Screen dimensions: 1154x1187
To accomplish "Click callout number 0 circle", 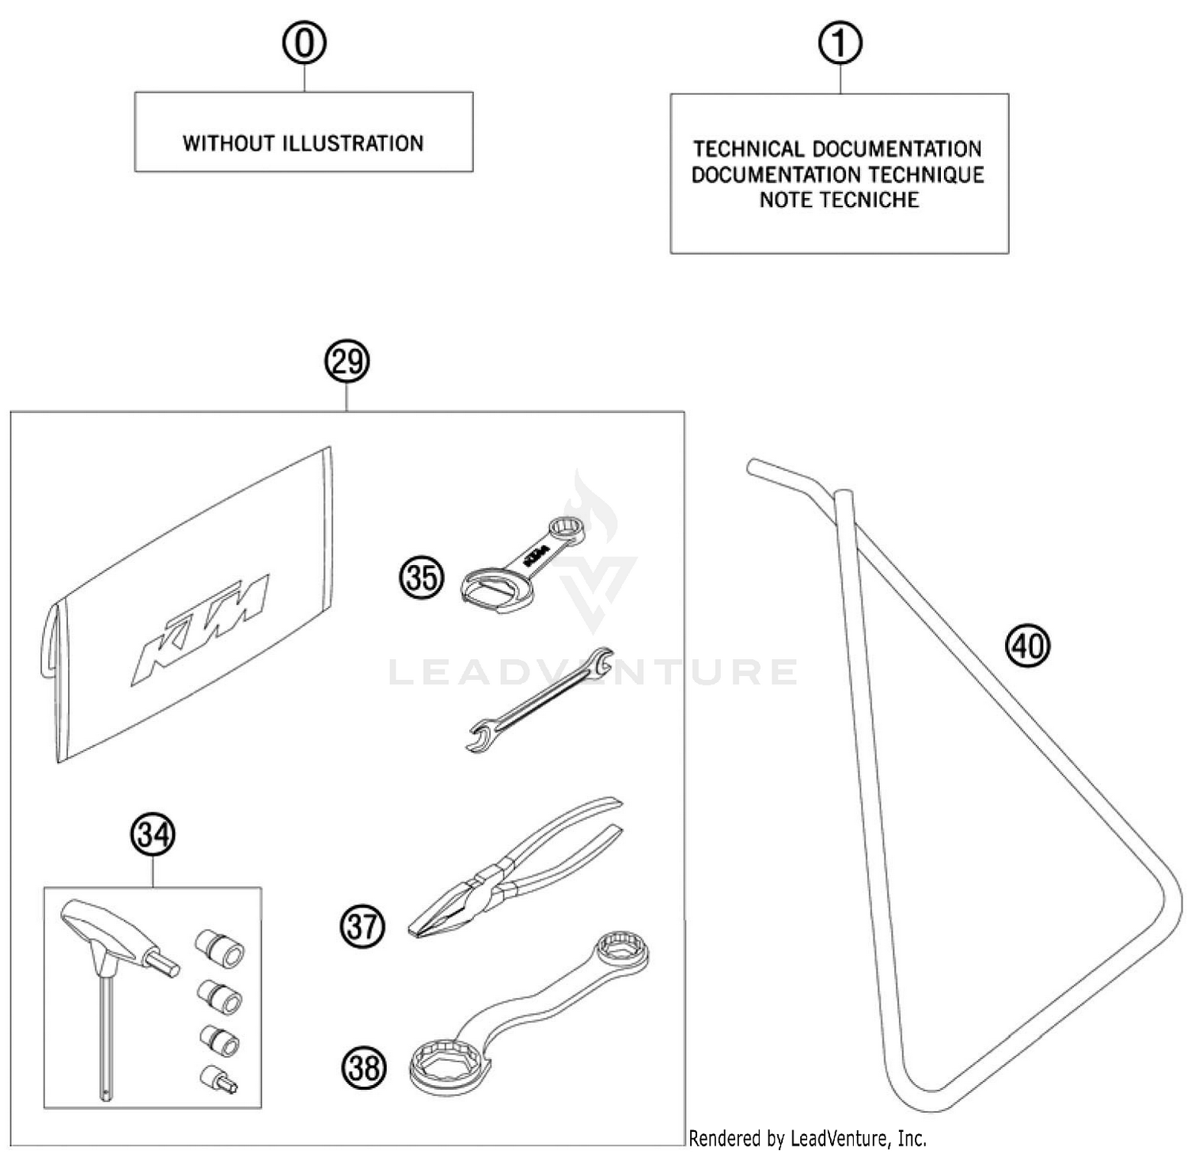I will pyautogui.click(x=305, y=44).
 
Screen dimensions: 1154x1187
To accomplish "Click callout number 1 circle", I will pyautogui.click(x=840, y=44).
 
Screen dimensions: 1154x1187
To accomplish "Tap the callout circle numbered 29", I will pyautogui.click(x=347, y=363).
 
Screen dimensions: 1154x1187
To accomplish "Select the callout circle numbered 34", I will pyautogui.click(x=153, y=835).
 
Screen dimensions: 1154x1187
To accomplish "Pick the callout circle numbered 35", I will pyautogui.click(x=421, y=578).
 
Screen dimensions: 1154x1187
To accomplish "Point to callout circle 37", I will pyautogui.click(x=362, y=926).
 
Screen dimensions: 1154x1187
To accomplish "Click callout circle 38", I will pyautogui.click(x=364, y=1069).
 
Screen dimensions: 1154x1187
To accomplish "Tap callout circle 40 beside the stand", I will pyautogui.click(x=1027, y=647).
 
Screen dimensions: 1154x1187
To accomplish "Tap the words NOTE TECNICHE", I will pyautogui.click(x=839, y=200).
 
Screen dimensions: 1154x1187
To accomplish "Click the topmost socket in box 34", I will pyautogui.click(x=219, y=948).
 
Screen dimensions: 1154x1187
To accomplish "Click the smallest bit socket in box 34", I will pyautogui.click(x=218, y=1080).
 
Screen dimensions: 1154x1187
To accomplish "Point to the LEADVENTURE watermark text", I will pyautogui.click(x=593, y=673).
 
